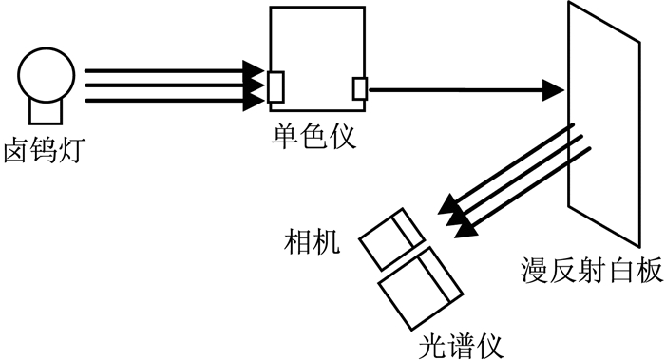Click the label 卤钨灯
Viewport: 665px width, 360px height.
click(45, 150)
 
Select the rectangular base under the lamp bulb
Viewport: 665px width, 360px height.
click(46, 112)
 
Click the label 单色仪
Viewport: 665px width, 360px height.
click(313, 136)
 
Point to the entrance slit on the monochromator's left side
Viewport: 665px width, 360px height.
click(275, 87)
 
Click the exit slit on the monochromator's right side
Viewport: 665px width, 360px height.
click(360, 88)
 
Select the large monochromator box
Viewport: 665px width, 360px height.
click(317, 59)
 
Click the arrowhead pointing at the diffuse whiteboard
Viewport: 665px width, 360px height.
click(553, 90)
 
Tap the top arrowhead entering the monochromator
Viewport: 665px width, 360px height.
click(254, 70)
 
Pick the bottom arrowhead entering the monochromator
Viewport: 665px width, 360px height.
click(254, 101)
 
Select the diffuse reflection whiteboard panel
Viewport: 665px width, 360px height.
click(604, 123)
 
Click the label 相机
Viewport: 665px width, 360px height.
click(313, 241)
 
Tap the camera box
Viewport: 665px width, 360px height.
click(392, 239)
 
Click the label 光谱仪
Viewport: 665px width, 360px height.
click(461, 347)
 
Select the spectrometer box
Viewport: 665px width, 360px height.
click(420, 289)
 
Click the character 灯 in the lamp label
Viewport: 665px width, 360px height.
click(72, 150)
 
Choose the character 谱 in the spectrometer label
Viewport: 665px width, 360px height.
click(461, 347)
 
